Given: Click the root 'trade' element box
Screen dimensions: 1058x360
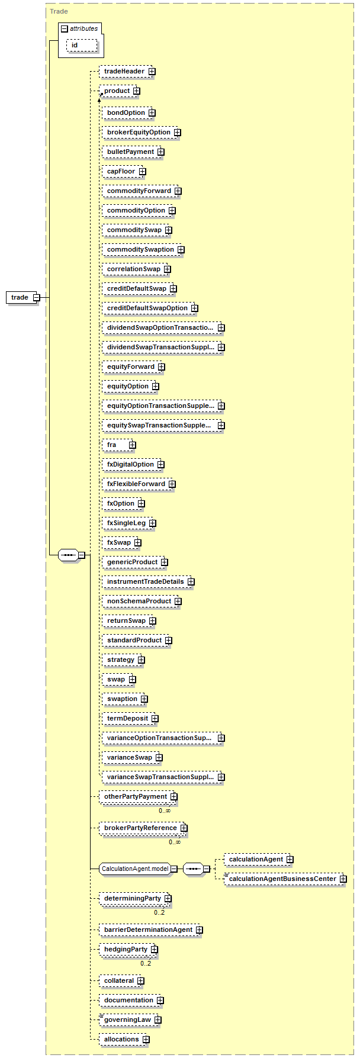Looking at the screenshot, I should pos(20,297).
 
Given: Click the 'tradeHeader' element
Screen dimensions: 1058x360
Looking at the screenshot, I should pos(124,72).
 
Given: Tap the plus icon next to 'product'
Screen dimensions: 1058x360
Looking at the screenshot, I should pos(137,91).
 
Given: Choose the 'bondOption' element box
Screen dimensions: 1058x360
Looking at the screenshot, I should pos(126,112).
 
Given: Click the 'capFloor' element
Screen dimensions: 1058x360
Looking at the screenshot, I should pos(121,171).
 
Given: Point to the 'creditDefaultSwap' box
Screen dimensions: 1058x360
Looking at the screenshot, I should pos(136,288).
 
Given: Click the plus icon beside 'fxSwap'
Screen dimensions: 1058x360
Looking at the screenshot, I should pos(138,543).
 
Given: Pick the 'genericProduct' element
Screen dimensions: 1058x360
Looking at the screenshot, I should pos(132,562).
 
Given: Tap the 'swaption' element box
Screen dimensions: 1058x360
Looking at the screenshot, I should pos(122,699).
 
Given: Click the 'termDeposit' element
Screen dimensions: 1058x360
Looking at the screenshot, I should pos(127,718).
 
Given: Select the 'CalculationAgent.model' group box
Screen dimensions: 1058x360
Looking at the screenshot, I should pos(135,869).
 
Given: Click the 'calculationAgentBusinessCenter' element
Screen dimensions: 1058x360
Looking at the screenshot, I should pos(282,879).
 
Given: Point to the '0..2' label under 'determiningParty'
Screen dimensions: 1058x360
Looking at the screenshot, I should pos(159,912).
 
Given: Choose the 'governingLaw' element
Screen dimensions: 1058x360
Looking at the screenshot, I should pos(127,1020).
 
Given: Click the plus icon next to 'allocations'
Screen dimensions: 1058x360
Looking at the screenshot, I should pos(146,1040).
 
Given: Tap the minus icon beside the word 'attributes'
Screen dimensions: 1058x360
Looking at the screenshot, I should pos(65,29).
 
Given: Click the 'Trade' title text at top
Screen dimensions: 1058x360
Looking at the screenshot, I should pos(59,11).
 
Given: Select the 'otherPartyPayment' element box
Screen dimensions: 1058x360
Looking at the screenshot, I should pos(136,796).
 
